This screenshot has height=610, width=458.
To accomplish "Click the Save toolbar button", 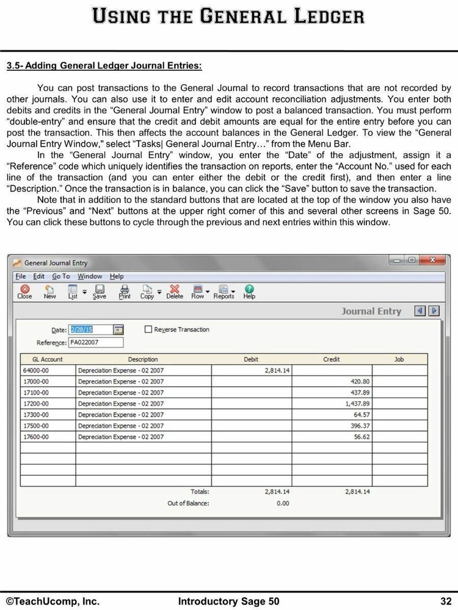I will [99, 292].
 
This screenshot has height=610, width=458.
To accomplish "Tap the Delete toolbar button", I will [175, 292].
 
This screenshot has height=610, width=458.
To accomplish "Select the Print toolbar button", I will [125, 292].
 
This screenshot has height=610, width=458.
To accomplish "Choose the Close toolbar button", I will [24, 292].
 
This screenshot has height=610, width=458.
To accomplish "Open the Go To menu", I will [61, 276].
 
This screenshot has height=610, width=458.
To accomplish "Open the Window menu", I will [90, 276].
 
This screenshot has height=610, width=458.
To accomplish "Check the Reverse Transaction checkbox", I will [148, 329].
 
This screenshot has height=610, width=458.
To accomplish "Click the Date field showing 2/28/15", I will [90, 329].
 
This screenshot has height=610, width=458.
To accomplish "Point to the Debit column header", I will [251, 359].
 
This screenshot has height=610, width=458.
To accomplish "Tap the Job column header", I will [399, 359].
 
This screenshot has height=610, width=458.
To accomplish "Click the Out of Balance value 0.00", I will [283, 503].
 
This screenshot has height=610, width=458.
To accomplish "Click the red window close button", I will [435, 260].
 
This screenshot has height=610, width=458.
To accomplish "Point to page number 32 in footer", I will [445, 601].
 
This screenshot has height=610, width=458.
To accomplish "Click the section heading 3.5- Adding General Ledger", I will [104, 65].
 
